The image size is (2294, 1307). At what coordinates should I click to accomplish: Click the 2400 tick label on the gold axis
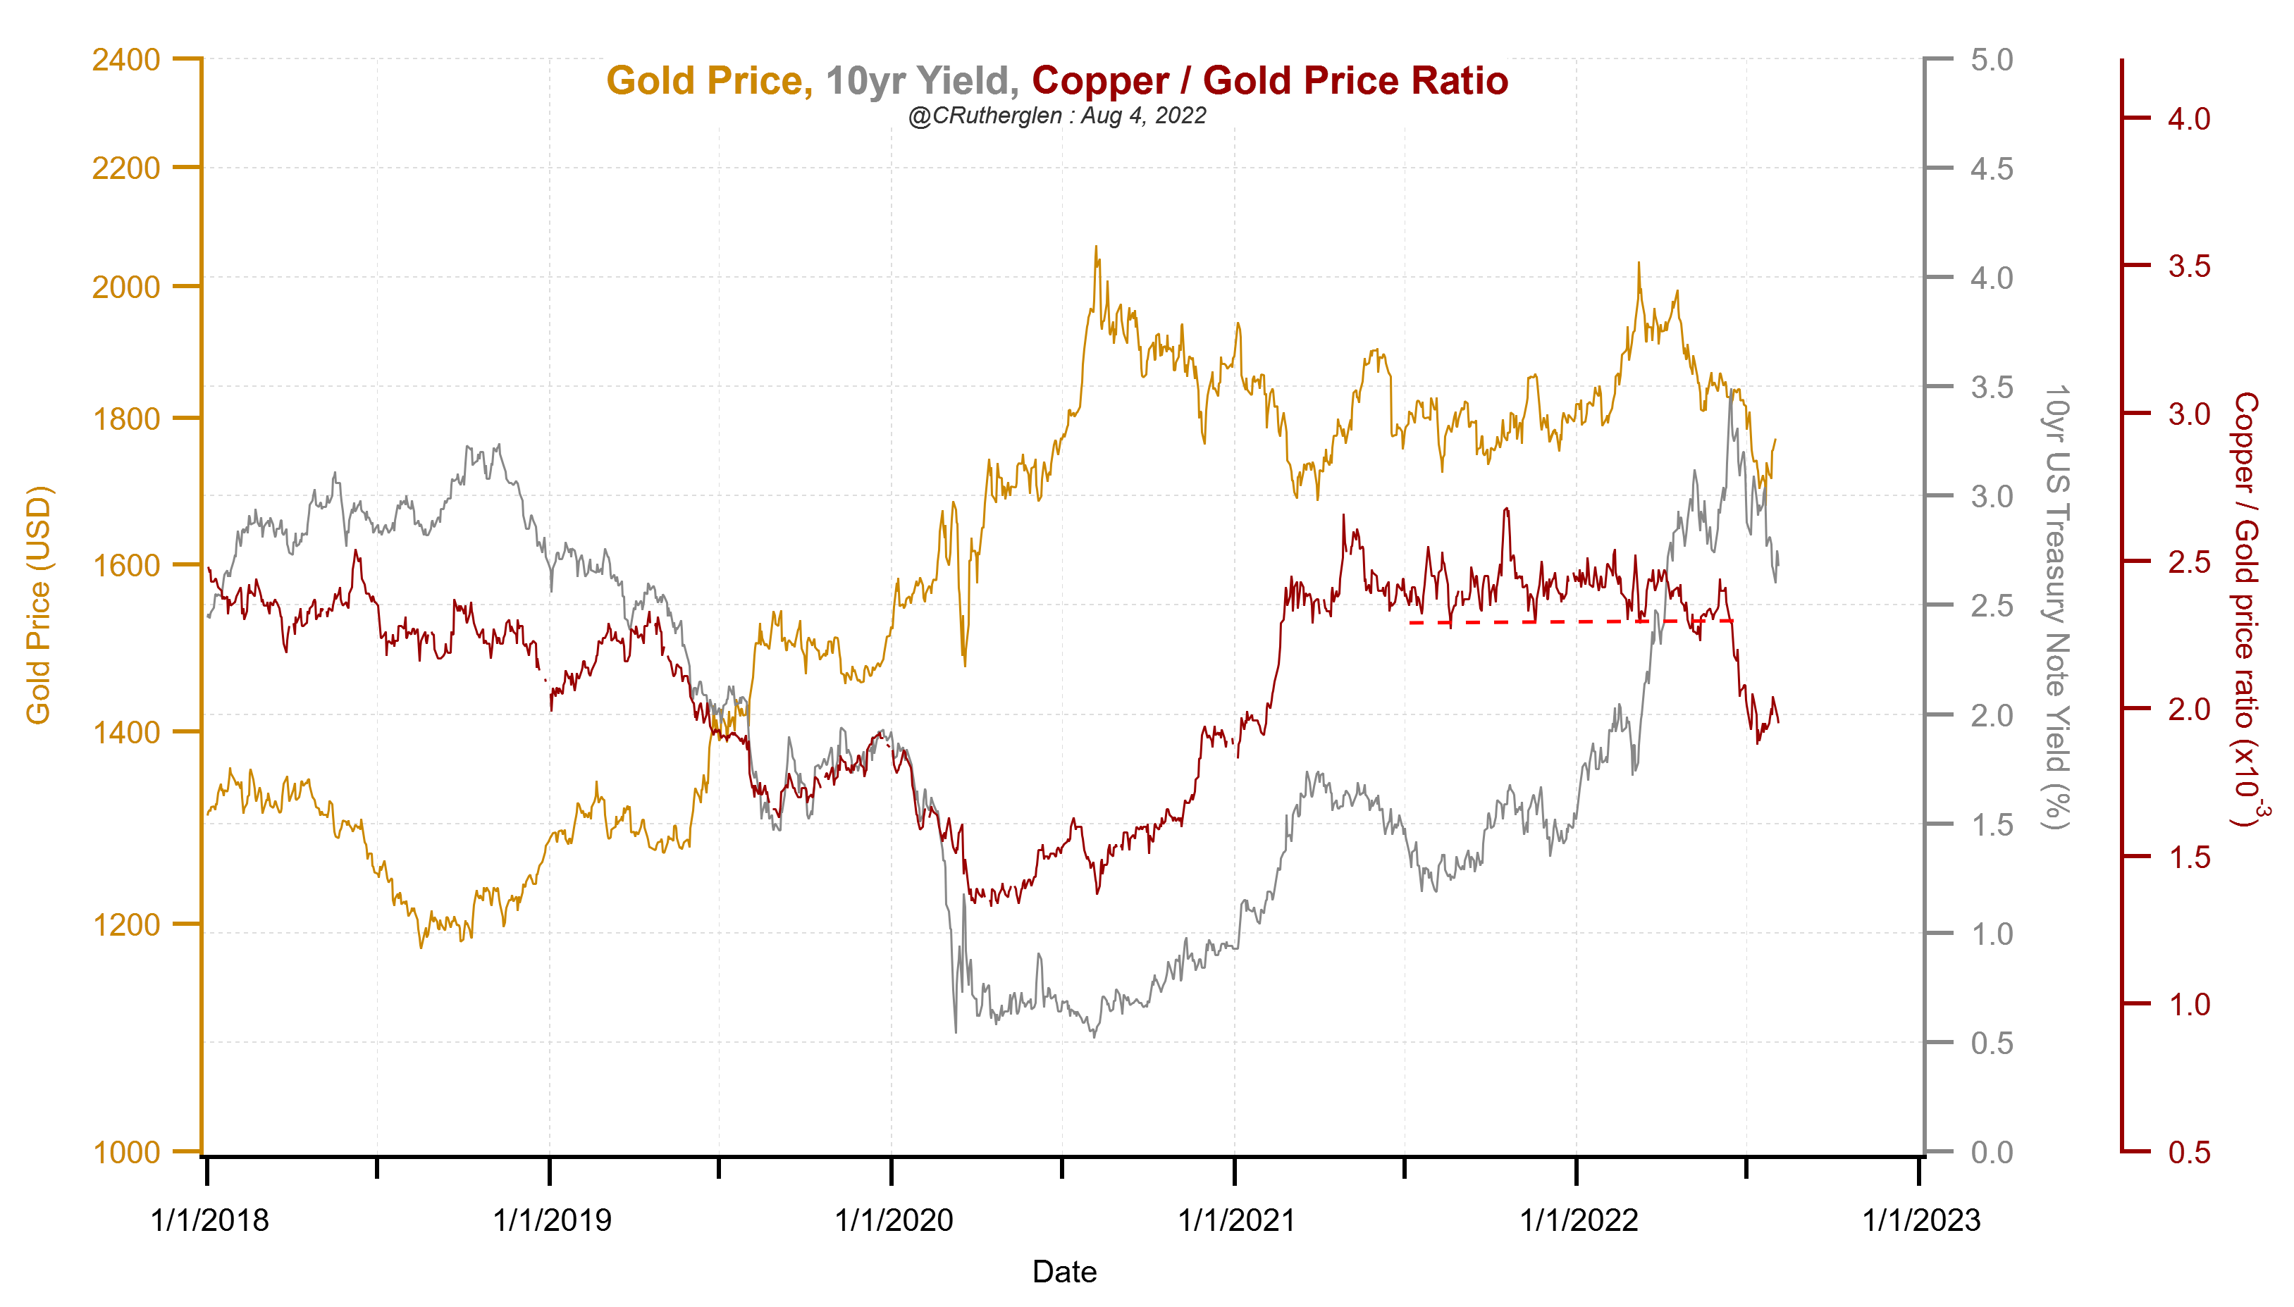pos(125,60)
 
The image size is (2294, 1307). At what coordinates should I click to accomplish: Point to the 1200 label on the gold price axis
pos(125,924)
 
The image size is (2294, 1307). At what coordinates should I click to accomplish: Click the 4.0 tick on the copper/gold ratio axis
pos(2188,118)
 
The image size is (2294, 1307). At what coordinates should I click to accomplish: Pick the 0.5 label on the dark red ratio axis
pos(2188,1152)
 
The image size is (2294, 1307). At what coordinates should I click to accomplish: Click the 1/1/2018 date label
pos(209,1220)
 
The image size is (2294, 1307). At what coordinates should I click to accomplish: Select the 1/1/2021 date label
pos(1235,1220)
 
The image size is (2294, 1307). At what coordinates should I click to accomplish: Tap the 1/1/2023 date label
pos(1920,1220)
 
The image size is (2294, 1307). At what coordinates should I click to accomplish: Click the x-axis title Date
pos(1064,1271)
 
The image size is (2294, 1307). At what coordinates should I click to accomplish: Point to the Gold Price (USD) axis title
pos(39,604)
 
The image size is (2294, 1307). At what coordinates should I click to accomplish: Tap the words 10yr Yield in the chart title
pos(921,81)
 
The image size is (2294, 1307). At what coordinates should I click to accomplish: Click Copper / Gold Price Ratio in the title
pos(1269,81)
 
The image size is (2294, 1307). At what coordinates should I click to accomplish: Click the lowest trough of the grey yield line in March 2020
pos(956,1032)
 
